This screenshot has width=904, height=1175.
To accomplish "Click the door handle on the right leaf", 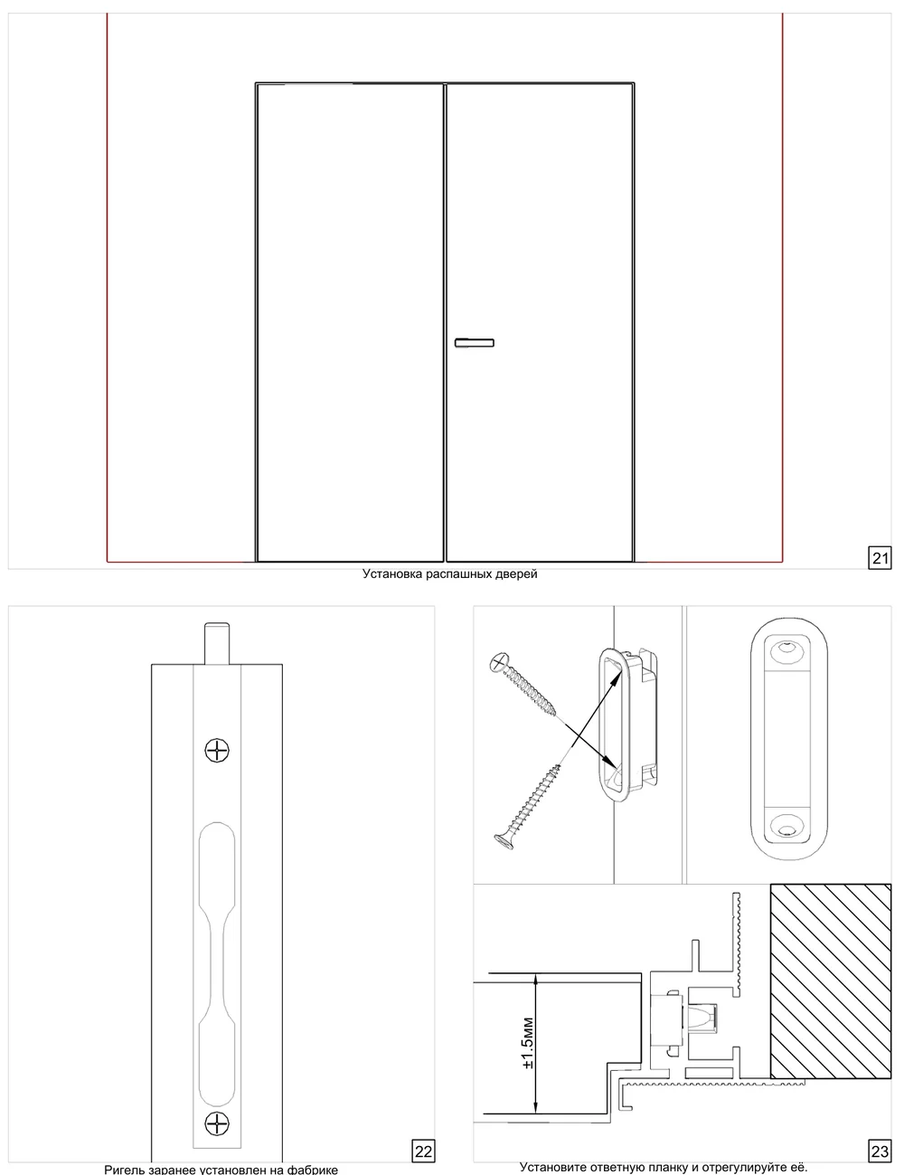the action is pos(474,342).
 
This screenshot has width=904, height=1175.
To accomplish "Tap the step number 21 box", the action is pos(880,557).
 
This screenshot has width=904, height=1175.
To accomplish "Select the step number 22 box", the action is pos(423,1151).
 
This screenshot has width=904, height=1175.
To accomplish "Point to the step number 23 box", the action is pos(880,1151).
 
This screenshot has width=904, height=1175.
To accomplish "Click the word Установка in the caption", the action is pos(392,574).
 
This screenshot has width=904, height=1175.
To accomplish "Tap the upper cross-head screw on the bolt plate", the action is pos(217,750).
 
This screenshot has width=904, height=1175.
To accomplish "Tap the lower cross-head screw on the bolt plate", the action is pos(217,1124).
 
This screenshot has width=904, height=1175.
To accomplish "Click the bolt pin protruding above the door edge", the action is pos(217,643).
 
